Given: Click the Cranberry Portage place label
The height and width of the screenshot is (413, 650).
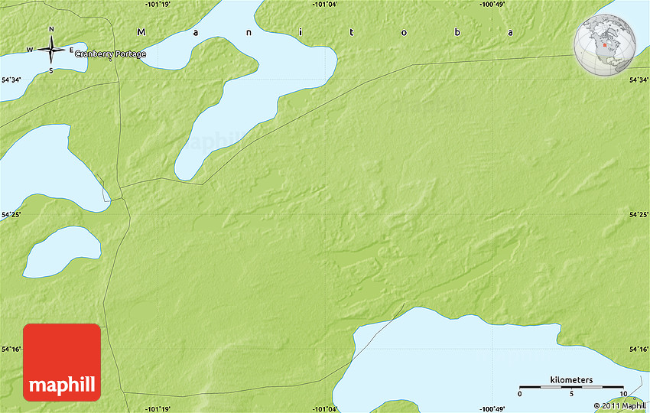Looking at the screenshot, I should tap(110, 54).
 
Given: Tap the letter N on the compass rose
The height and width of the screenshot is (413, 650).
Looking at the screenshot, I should tap(51, 30).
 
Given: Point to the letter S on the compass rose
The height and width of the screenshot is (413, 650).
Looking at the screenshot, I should tap(51, 70).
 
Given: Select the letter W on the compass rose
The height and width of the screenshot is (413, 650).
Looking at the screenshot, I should tap(31, 50).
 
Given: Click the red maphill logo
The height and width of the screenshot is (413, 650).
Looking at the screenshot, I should tap(62, 362).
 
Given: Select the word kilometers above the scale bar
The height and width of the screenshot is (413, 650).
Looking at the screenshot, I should tap(571, 380).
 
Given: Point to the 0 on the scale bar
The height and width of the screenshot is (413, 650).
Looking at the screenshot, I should tap(520, 394).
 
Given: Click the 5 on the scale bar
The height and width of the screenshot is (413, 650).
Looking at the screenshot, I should tap(571, 394).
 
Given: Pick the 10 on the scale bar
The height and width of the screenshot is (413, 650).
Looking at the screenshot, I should tap(622, 394).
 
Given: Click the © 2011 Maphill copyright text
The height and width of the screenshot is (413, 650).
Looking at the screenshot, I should tap(619, 406).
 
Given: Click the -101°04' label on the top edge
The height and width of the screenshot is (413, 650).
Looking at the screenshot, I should tap(325, 5).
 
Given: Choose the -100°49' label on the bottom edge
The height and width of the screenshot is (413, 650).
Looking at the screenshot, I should tap(492, 408).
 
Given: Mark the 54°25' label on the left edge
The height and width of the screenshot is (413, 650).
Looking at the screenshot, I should tap(11, 216).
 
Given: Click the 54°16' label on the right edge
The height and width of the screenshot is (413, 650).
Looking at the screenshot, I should tap(639, 349).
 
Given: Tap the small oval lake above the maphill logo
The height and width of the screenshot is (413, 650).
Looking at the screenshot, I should tap(63, 252).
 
